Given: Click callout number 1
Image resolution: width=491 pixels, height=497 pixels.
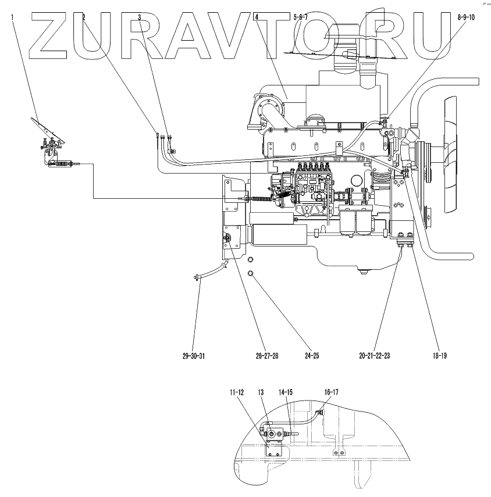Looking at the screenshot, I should point(13,18).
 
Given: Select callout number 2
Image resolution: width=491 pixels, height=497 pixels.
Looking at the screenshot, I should point(84,18).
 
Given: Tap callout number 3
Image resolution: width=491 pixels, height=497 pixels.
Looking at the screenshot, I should point(140,18).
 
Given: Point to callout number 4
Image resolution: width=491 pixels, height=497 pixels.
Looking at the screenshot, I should point(257,18).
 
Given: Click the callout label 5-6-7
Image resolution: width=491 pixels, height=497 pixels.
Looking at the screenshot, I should point(301,18).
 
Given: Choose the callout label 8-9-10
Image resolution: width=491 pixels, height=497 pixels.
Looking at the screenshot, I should point(467,18).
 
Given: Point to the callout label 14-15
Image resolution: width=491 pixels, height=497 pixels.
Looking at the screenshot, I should point(286,393).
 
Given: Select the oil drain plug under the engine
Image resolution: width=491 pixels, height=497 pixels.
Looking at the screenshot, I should point(364,271).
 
